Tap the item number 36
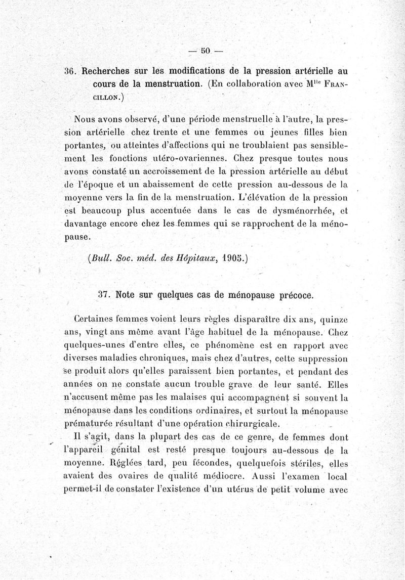pos(70,70)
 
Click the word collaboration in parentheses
pos(258,83)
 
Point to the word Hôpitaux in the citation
pos(197,257)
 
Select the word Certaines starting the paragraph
pos(98,320)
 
